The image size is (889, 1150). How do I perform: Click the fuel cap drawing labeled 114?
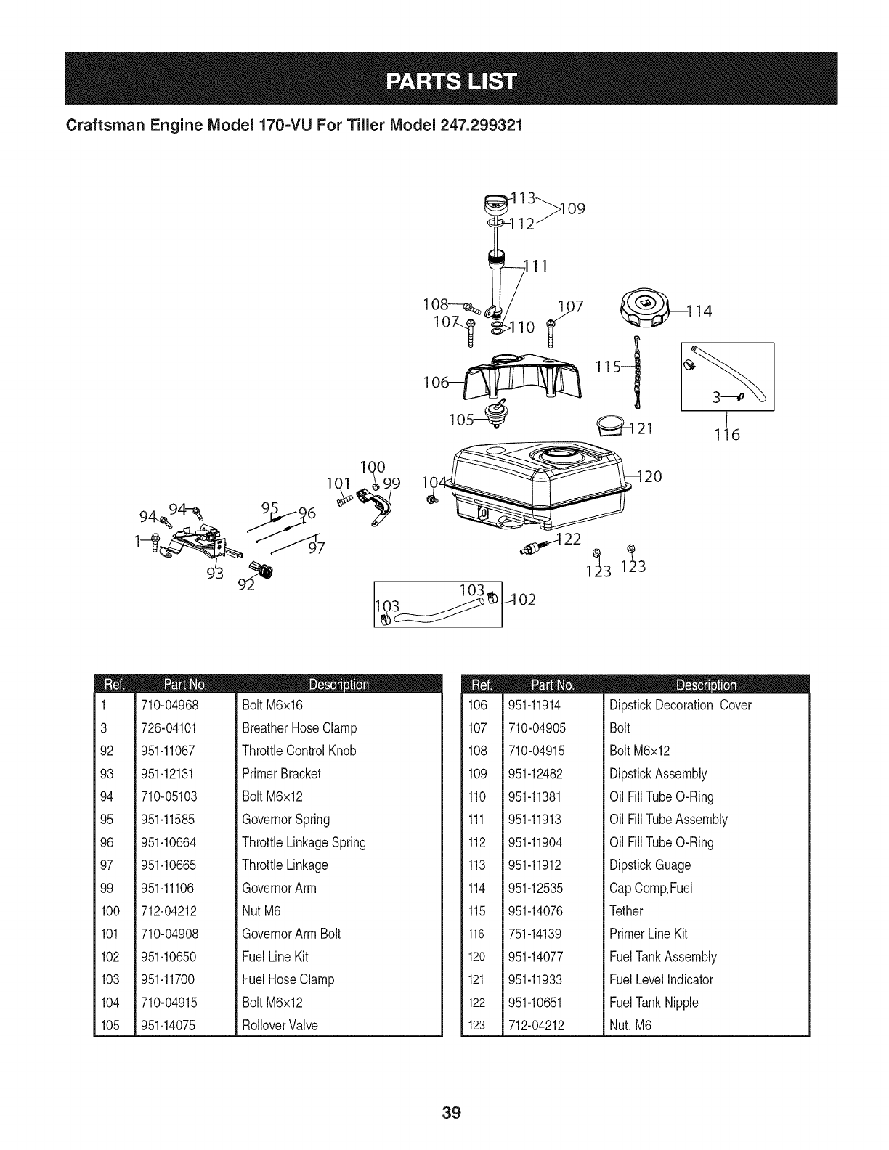point(643,310)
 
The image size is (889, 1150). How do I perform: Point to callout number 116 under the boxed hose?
point(726,435)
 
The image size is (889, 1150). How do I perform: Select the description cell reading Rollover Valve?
point(280,1025)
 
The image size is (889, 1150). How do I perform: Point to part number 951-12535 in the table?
point(535,888)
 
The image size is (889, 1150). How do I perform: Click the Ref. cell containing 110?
point(477,796)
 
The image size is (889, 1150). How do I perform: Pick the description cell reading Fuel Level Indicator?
point(661,979)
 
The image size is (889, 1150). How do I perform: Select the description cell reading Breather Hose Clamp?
point(299,727)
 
